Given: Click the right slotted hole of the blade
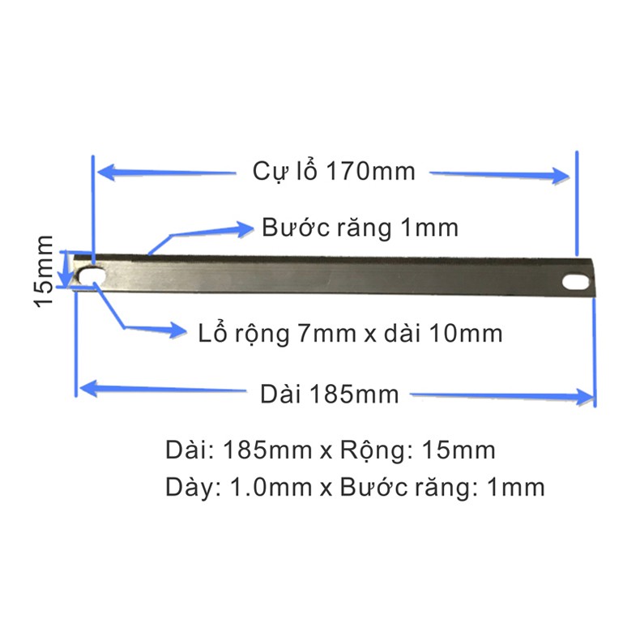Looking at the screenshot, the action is click(x=575, y=283).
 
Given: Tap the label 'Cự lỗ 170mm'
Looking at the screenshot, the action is click(x=334, y=171).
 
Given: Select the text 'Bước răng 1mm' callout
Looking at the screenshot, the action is click(x=360, y=228).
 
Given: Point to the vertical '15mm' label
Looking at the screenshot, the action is click(x=43, y=271).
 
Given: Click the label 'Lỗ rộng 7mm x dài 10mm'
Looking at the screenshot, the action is click(x=350, y=333).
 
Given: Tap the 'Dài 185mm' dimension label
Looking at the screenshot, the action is click(x=329, y=394).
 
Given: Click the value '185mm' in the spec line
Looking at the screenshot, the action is click(x=267, y=450).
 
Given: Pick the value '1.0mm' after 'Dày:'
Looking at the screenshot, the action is click(x=271, y=487).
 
